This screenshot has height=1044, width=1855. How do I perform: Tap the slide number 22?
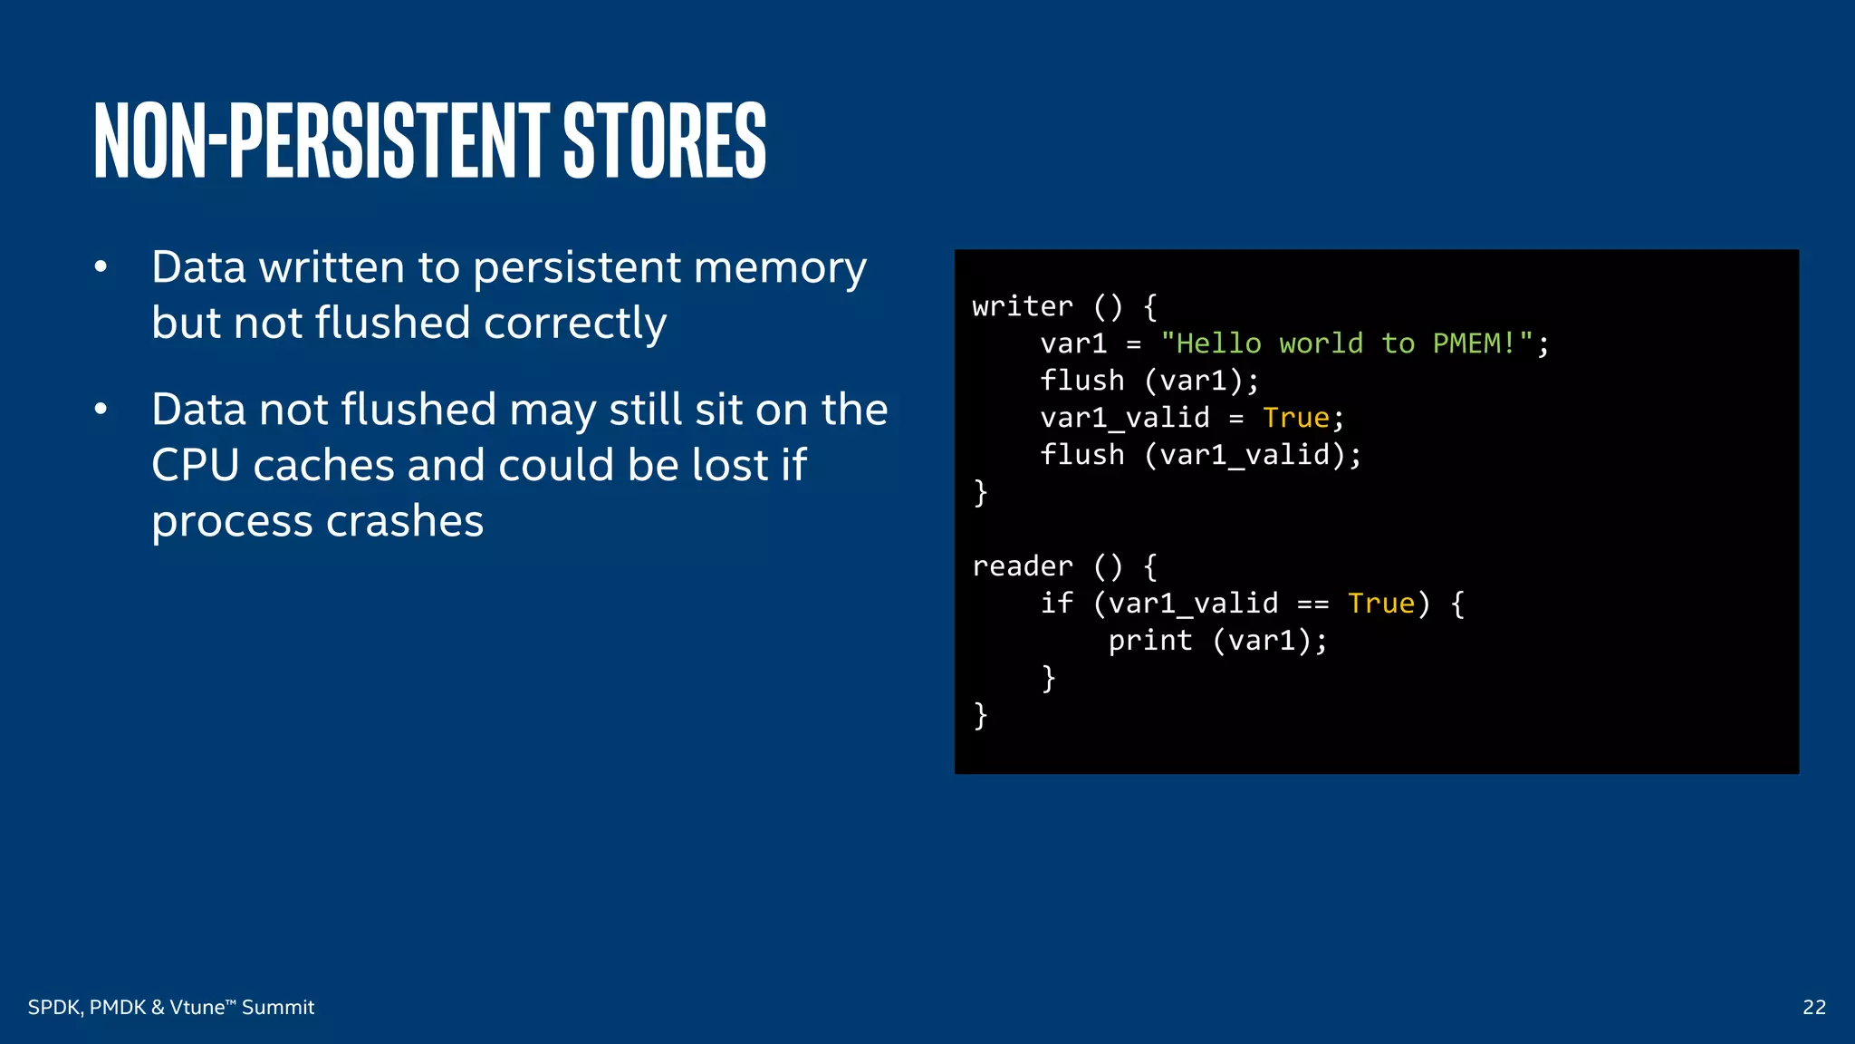pos(1813,1007)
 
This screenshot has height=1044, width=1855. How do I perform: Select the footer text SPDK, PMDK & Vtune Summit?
pos(171,1007)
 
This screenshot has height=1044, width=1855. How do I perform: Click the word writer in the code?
pos(1023,306)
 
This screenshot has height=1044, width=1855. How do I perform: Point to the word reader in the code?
pos(1023,566)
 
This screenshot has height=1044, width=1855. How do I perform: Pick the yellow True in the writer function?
pos(1296,418)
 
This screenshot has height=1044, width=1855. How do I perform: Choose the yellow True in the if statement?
pos(1381,604)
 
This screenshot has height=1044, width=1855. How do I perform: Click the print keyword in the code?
pos(1150,641)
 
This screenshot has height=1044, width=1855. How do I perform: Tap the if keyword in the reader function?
pos(1056,604)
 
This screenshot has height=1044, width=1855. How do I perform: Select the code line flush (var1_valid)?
pos(1200,455)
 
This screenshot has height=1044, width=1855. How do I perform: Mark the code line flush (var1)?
pos(1149,381)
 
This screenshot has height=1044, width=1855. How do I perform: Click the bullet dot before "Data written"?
pos(101,267)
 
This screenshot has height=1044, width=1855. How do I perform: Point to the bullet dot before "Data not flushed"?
pos(101,410)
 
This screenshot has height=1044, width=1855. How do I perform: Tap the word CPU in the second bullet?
pos(195,466)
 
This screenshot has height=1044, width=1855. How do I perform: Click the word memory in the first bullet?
pos(780,269)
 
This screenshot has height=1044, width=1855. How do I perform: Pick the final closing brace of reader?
pos(980,715)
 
